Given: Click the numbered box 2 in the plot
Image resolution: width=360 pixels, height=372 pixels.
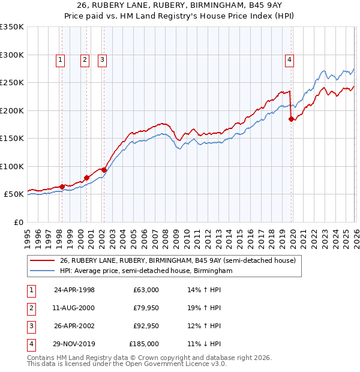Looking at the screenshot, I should tap(85, 59).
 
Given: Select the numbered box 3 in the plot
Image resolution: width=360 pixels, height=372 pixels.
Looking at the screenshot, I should tap(103, 59).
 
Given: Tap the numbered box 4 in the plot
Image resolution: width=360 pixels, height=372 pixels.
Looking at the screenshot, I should tap(289, 59).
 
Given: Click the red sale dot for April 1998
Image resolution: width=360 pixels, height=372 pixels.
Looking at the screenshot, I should tap(62, 187).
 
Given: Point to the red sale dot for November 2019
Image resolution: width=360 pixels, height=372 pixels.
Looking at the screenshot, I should tap(292, 119).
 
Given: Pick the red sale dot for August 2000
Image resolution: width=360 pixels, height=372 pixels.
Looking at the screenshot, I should tap(86, 178).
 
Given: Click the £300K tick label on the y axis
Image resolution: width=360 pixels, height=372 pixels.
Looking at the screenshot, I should tap(11, 55).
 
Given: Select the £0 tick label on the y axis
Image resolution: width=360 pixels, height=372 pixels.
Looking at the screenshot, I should tap(17, 222).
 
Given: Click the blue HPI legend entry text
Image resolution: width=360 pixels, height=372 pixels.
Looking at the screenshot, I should tap(146, 271).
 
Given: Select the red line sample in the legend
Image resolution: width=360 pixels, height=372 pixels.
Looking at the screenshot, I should tap(42, 261).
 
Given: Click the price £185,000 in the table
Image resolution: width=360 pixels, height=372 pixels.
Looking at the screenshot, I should tap(144, 344).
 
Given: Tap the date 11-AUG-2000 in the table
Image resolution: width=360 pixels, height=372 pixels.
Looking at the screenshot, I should tap(74, 308).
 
